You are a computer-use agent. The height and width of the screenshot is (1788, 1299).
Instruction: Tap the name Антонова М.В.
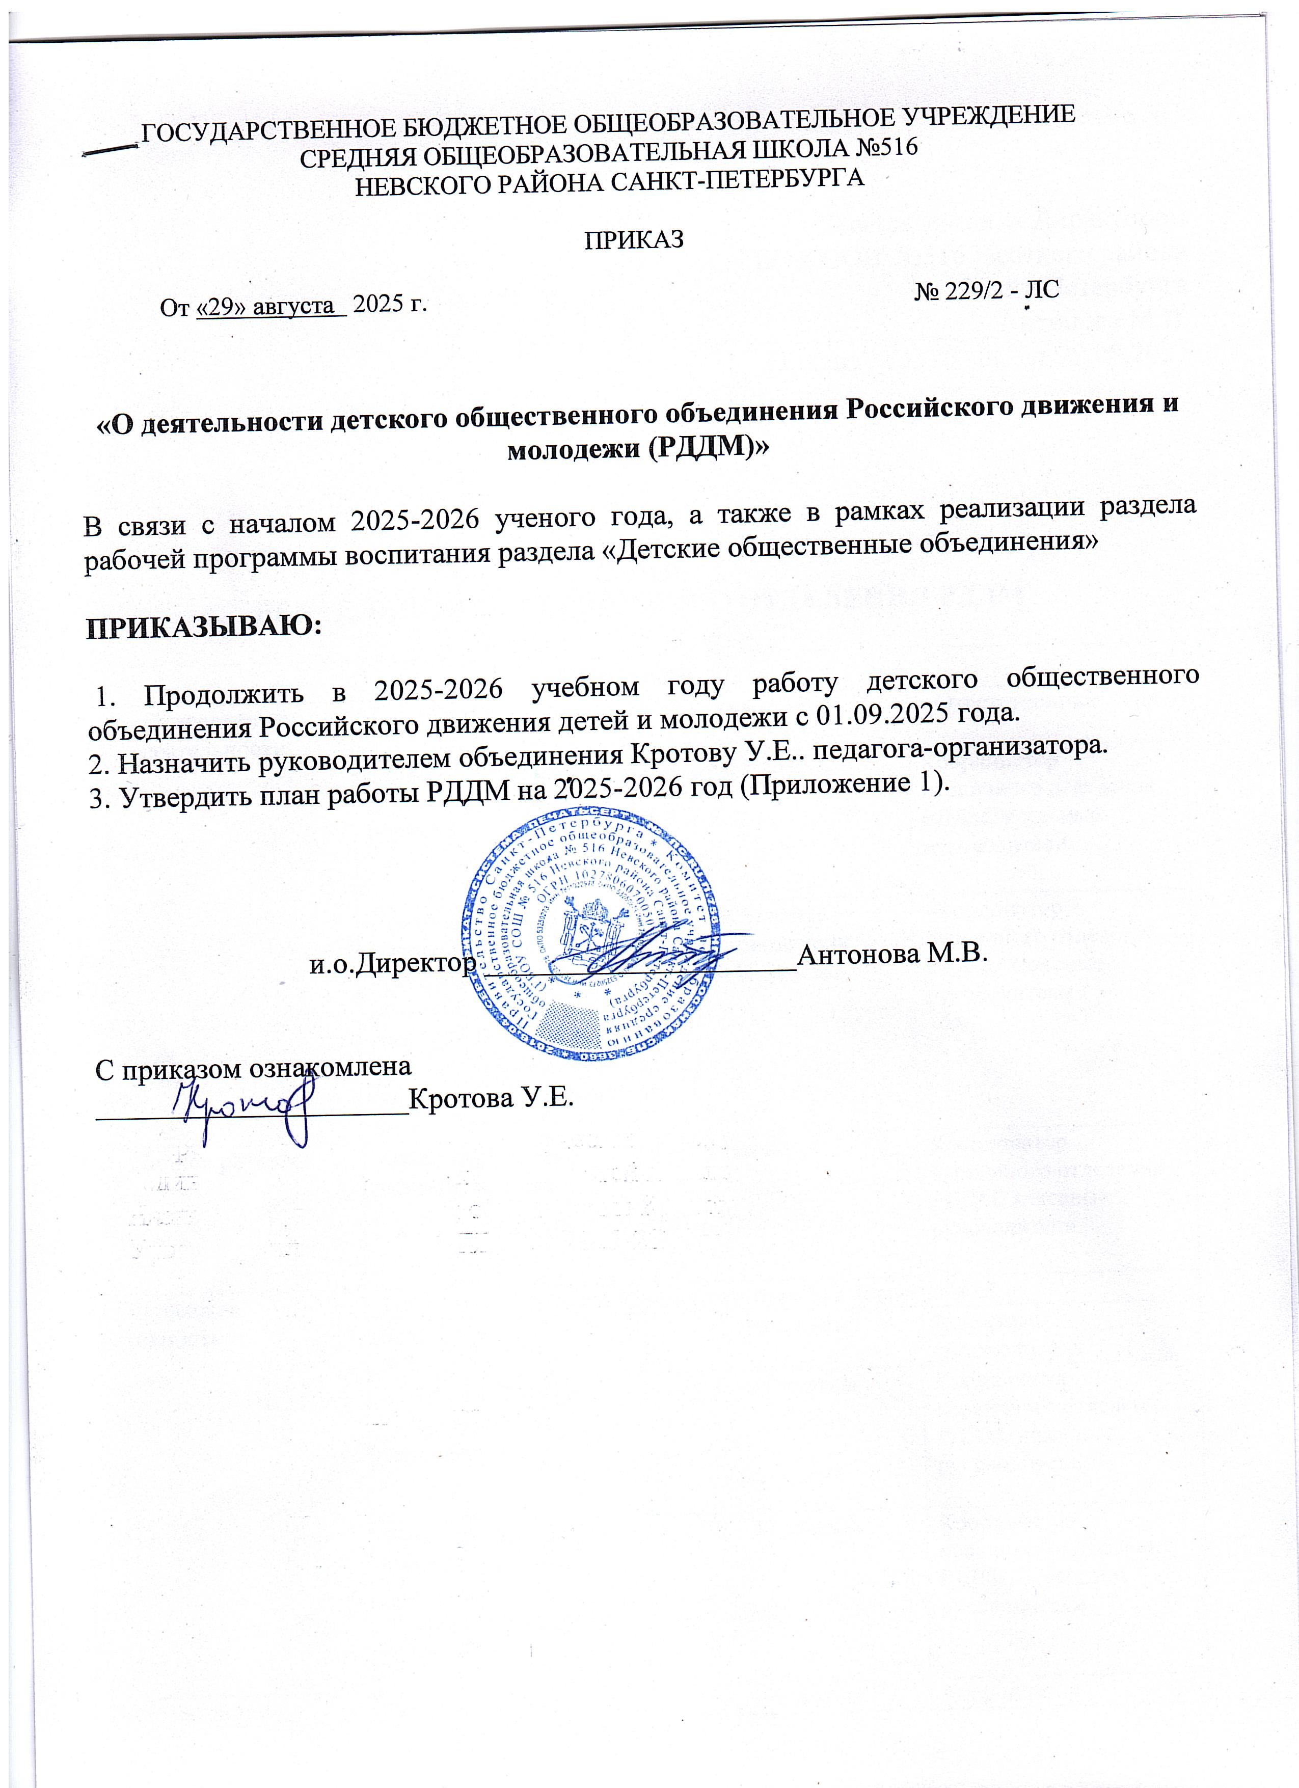pyautogui.click(x=892, y=954)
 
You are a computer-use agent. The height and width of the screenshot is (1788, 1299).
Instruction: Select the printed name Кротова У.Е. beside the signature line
pyautogui.click(x=490, y=1098)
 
